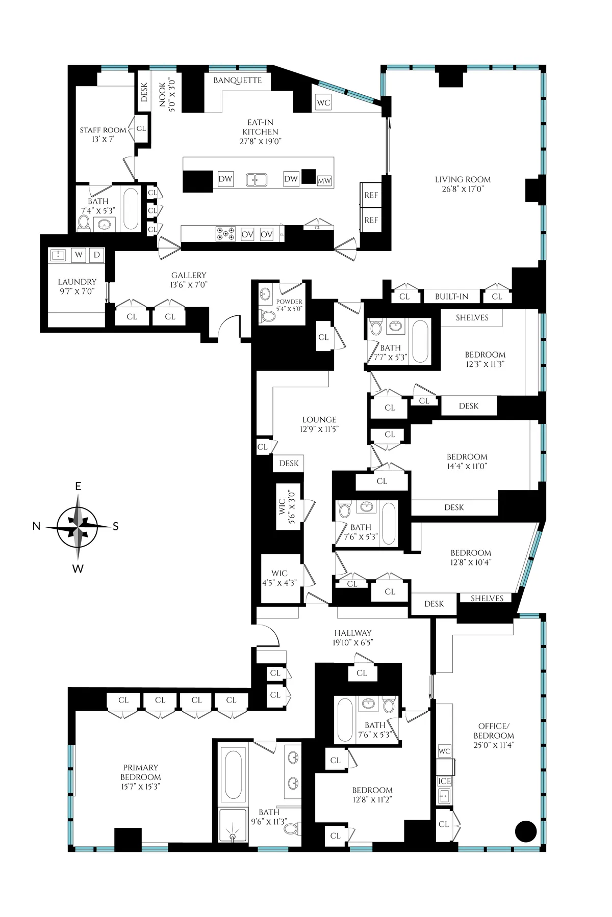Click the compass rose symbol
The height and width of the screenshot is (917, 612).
click(x=78, y=527)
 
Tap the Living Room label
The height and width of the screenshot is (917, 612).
click(x=463, y=184)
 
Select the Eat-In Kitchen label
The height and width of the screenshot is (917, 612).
click(x=261, y=131)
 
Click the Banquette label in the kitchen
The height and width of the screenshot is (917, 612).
click(x=238, y=80)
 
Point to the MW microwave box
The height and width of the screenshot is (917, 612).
click(x=324, y=181)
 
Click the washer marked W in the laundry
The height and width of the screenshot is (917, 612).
click(x=79, y=254)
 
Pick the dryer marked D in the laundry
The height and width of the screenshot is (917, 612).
click(x=96, y=254)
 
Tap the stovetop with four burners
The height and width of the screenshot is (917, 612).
click(x=225, y=234)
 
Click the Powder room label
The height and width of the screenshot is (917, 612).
click(x=289, y=305)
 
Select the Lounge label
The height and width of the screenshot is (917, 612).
click(x=319, y=424)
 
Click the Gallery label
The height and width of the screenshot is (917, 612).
click(x=189, y=280)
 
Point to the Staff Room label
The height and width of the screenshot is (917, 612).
click(x=103, y=134)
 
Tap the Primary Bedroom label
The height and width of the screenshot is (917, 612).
click(x=141, y=776)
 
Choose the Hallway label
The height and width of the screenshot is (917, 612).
click(x=353, y=637)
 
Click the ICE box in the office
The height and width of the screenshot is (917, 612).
click(x=444, y=781)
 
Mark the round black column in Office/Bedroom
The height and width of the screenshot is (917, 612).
click(x=526, y=831)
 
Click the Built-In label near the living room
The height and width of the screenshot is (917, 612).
click(x=451, y=296)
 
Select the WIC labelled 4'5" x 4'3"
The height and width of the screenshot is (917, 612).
click(x=279, y=578)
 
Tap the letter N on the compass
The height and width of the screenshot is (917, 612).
click(x=36, y=527)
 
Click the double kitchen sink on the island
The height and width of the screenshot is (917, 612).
click(x=257, y=179)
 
